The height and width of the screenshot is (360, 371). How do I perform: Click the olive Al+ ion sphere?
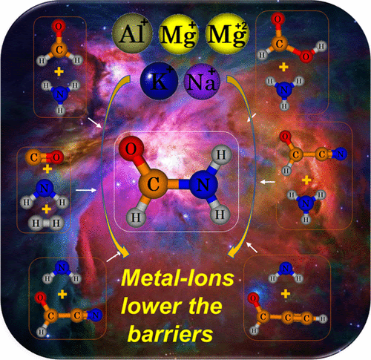(132, 33)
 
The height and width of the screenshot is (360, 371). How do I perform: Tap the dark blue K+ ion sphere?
(159, 81)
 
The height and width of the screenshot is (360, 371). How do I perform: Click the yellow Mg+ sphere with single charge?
(179, 33)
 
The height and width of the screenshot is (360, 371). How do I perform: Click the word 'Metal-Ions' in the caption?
(177, 278)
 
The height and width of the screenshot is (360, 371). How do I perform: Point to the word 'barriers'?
(171, 334)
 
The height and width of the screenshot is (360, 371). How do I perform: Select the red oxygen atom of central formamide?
(131, 148)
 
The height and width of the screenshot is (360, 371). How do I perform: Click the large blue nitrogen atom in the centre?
(203, 184)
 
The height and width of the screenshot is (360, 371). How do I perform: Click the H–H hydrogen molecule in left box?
(46, 223)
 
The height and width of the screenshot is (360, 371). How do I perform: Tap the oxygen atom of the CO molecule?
(56, 157)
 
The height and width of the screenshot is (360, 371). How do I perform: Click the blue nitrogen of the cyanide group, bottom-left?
(95, 315)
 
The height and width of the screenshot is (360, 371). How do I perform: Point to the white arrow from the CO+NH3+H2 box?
(86, 190)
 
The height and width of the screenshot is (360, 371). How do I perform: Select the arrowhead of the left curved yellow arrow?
(124, 253)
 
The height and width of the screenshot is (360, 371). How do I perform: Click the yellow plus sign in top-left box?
(59, 72)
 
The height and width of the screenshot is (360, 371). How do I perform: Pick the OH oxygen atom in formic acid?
(306, 56)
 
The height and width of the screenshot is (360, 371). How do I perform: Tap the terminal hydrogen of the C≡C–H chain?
(323, 319)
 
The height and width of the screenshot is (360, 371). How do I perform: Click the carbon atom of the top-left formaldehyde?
(59, 50)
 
